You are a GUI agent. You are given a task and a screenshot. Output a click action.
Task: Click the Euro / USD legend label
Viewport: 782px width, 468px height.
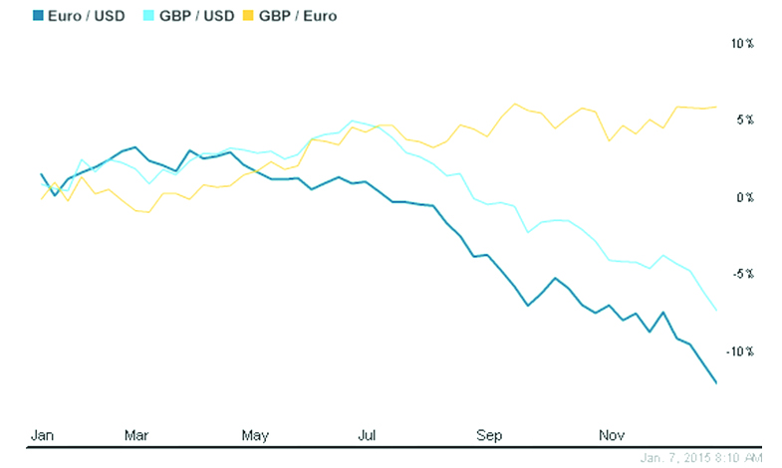[87, 15]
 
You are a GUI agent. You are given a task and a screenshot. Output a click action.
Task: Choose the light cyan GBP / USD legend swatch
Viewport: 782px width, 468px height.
[149, 15]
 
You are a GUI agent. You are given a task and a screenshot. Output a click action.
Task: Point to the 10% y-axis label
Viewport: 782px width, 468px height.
[742, 44]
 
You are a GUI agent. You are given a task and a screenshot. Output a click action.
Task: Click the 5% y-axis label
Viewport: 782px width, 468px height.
[744, 120]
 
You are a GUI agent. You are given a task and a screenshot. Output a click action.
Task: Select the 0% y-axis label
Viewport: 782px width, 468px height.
[744, 197]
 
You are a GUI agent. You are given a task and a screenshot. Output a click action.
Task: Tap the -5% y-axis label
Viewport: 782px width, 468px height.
[743, 274]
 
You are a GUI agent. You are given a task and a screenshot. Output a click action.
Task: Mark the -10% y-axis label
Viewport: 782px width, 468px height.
[741, 351]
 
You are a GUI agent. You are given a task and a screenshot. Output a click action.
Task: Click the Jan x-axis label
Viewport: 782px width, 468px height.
[43, 434]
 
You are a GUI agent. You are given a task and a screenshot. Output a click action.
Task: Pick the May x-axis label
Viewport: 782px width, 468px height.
[255, 434]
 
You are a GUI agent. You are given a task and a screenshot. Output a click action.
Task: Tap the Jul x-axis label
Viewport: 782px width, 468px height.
[368, 434]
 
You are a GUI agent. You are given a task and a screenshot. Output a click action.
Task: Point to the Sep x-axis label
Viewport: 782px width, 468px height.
[489, 434]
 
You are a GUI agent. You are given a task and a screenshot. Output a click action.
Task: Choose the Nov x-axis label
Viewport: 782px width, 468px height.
[609, 434]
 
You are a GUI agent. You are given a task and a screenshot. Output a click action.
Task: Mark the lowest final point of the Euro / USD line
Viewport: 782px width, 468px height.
[716, 382]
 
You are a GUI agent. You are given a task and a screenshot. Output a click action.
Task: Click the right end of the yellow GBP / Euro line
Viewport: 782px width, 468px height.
[716, 107]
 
